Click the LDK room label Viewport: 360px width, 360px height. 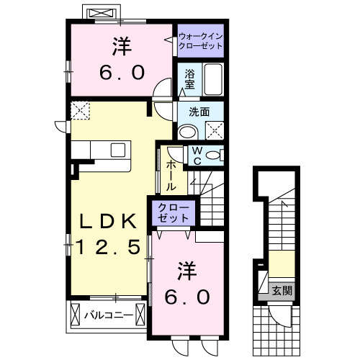pyautogui.click(x=109, y=220)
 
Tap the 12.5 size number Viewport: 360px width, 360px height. pyautogui.click(x=109, y=247)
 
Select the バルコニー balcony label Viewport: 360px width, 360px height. pyautogui.click(x=107, y=315)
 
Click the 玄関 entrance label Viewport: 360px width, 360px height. pyautogui.click(x=282, y=291)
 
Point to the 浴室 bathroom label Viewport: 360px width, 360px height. pyautogui.click(x=189, y=78)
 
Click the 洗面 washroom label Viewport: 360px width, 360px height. pyautogui.click(x=199, y=112)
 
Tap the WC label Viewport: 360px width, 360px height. pyautogui.click(x=195, y=156)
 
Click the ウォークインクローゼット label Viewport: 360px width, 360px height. pyautogui.click(x=200, y=40)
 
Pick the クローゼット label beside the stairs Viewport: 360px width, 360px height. pyautogui.click(x=174, y=212)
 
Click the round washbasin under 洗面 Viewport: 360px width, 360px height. pyautogui.click(x=187, y=131)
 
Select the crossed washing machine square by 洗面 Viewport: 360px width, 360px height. pyautogui.click(x=214, y=130)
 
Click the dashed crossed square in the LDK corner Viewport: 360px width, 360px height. pyautogui.click(x=79, y=110)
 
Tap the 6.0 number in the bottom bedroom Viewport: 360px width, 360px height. pyautogui.click(x=189, y=295)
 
